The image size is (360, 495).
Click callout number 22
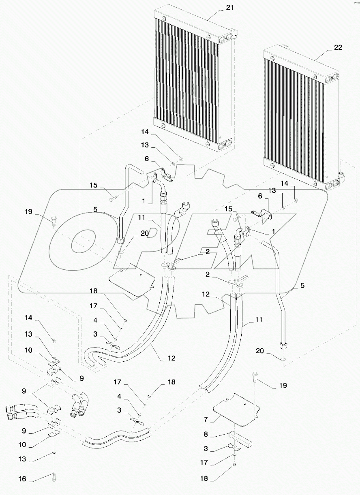338,47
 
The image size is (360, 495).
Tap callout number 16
22,479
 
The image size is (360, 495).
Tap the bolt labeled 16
54,478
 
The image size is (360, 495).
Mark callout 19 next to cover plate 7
283,386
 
